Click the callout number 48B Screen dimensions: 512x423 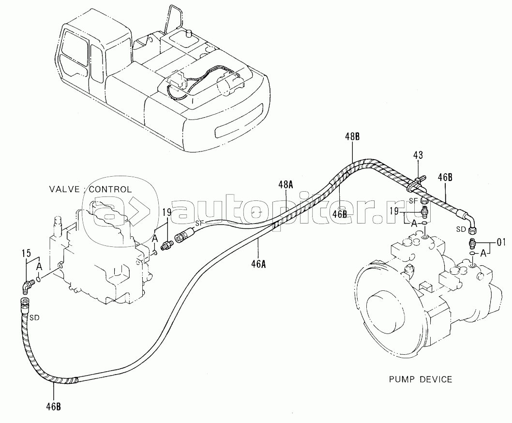click(352, 136)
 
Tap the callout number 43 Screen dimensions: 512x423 click(418, 155)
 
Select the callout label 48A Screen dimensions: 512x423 click(286, 185)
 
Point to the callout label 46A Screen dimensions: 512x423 click(258, 264)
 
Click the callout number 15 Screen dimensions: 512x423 click(27, 253)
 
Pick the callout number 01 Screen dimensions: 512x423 click(501, 242)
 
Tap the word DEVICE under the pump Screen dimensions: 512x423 click(436, 379)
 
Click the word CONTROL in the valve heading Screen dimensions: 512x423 click(110, 189)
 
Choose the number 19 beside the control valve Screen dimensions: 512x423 click(167, 212)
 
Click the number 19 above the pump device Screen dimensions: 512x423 click(394, 211)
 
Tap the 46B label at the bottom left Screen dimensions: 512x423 click(53, 407)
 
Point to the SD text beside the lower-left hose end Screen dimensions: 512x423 click(34, 317)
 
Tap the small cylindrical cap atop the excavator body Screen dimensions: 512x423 click(188, 32)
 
